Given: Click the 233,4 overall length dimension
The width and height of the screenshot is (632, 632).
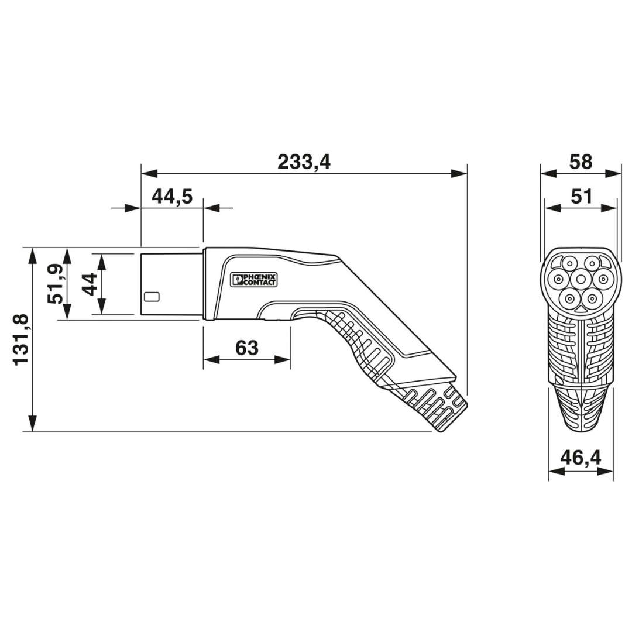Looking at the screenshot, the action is tap(304, 162).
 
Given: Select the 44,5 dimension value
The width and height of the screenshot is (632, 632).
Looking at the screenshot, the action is tap(172, 197).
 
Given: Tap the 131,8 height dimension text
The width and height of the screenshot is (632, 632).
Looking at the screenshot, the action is tap(21, 339).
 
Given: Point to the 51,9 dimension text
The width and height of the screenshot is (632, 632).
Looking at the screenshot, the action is tap(55, 284).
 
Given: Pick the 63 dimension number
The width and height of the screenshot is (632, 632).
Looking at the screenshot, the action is tap(247, 348).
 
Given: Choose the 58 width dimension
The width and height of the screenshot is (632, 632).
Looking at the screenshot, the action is tap(581, 162).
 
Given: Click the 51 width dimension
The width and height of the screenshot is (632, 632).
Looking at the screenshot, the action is tap(582, 197).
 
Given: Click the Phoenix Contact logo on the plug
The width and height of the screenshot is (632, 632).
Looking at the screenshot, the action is tap(253, 279).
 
